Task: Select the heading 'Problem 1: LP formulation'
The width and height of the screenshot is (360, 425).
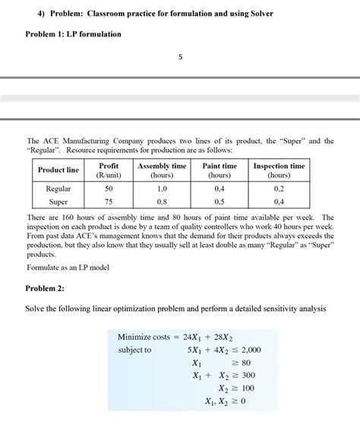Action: coord(74,34)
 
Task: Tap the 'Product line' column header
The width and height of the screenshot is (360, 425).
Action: coord(58,170)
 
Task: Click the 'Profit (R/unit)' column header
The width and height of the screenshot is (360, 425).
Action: coord(109,170)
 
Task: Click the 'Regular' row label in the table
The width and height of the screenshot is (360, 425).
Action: coord(58,188)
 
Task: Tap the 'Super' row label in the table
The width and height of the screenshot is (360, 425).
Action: coord(58,202)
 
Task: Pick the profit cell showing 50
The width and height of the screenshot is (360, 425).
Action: coord(109,188)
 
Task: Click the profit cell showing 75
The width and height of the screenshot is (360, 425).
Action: coord(109,202)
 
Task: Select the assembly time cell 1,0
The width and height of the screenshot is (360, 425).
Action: coord(162,188)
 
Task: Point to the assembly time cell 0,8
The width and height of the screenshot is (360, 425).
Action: coord(162,202)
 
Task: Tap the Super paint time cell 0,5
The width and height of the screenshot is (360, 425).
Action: coord(219,202)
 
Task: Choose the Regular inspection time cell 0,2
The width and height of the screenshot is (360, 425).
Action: coord(279,188)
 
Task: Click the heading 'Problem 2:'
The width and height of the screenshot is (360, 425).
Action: coord(45,289)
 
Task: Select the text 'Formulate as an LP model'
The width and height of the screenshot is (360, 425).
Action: coord(69,268)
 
